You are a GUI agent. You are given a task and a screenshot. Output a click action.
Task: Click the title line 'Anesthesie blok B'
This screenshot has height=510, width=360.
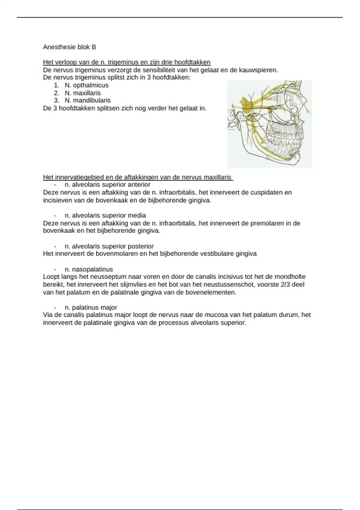[69, 47]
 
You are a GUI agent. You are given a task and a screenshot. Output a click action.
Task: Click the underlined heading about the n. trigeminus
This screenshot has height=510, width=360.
[127, 62]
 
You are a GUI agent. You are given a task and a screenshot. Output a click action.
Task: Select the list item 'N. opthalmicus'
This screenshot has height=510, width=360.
[86, 85]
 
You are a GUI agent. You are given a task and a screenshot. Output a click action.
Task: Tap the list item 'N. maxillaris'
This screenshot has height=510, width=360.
[82, 93]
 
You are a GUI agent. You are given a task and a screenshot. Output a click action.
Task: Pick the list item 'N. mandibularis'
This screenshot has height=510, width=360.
[88, 100]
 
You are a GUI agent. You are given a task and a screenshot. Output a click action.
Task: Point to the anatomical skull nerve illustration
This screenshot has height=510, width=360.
[269, 124]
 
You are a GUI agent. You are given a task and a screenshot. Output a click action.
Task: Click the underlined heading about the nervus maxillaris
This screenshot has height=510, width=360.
[138, 177]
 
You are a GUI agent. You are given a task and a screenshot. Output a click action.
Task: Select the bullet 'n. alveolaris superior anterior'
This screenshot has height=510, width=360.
[107, 184]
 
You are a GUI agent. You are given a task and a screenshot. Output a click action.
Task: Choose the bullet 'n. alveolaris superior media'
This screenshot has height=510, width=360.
[105, 215]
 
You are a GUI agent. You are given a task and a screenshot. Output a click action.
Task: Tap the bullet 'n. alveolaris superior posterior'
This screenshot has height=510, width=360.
[109, 246]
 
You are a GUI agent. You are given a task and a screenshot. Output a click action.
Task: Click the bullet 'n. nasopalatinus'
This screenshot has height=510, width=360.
[89, 269]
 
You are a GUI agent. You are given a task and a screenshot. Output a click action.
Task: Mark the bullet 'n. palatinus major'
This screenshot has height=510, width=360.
[91, 307]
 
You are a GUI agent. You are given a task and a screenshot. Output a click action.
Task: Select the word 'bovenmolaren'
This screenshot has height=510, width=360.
[115, 254]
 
